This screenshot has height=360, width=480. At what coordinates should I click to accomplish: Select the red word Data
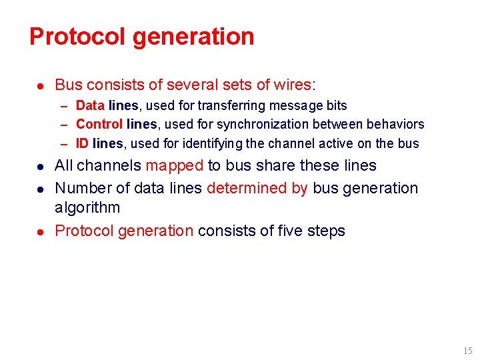point(90,105)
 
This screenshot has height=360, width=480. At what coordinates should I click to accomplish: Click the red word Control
point(99,124)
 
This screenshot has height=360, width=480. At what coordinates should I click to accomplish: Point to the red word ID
point(83,143)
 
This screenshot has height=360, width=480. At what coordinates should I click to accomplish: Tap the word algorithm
point(87,208)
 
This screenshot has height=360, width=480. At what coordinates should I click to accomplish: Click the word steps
point(327,231)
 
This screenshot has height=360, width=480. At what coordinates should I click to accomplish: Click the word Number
point(79,188)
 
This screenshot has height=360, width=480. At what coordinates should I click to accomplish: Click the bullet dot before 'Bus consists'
point(41,85)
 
